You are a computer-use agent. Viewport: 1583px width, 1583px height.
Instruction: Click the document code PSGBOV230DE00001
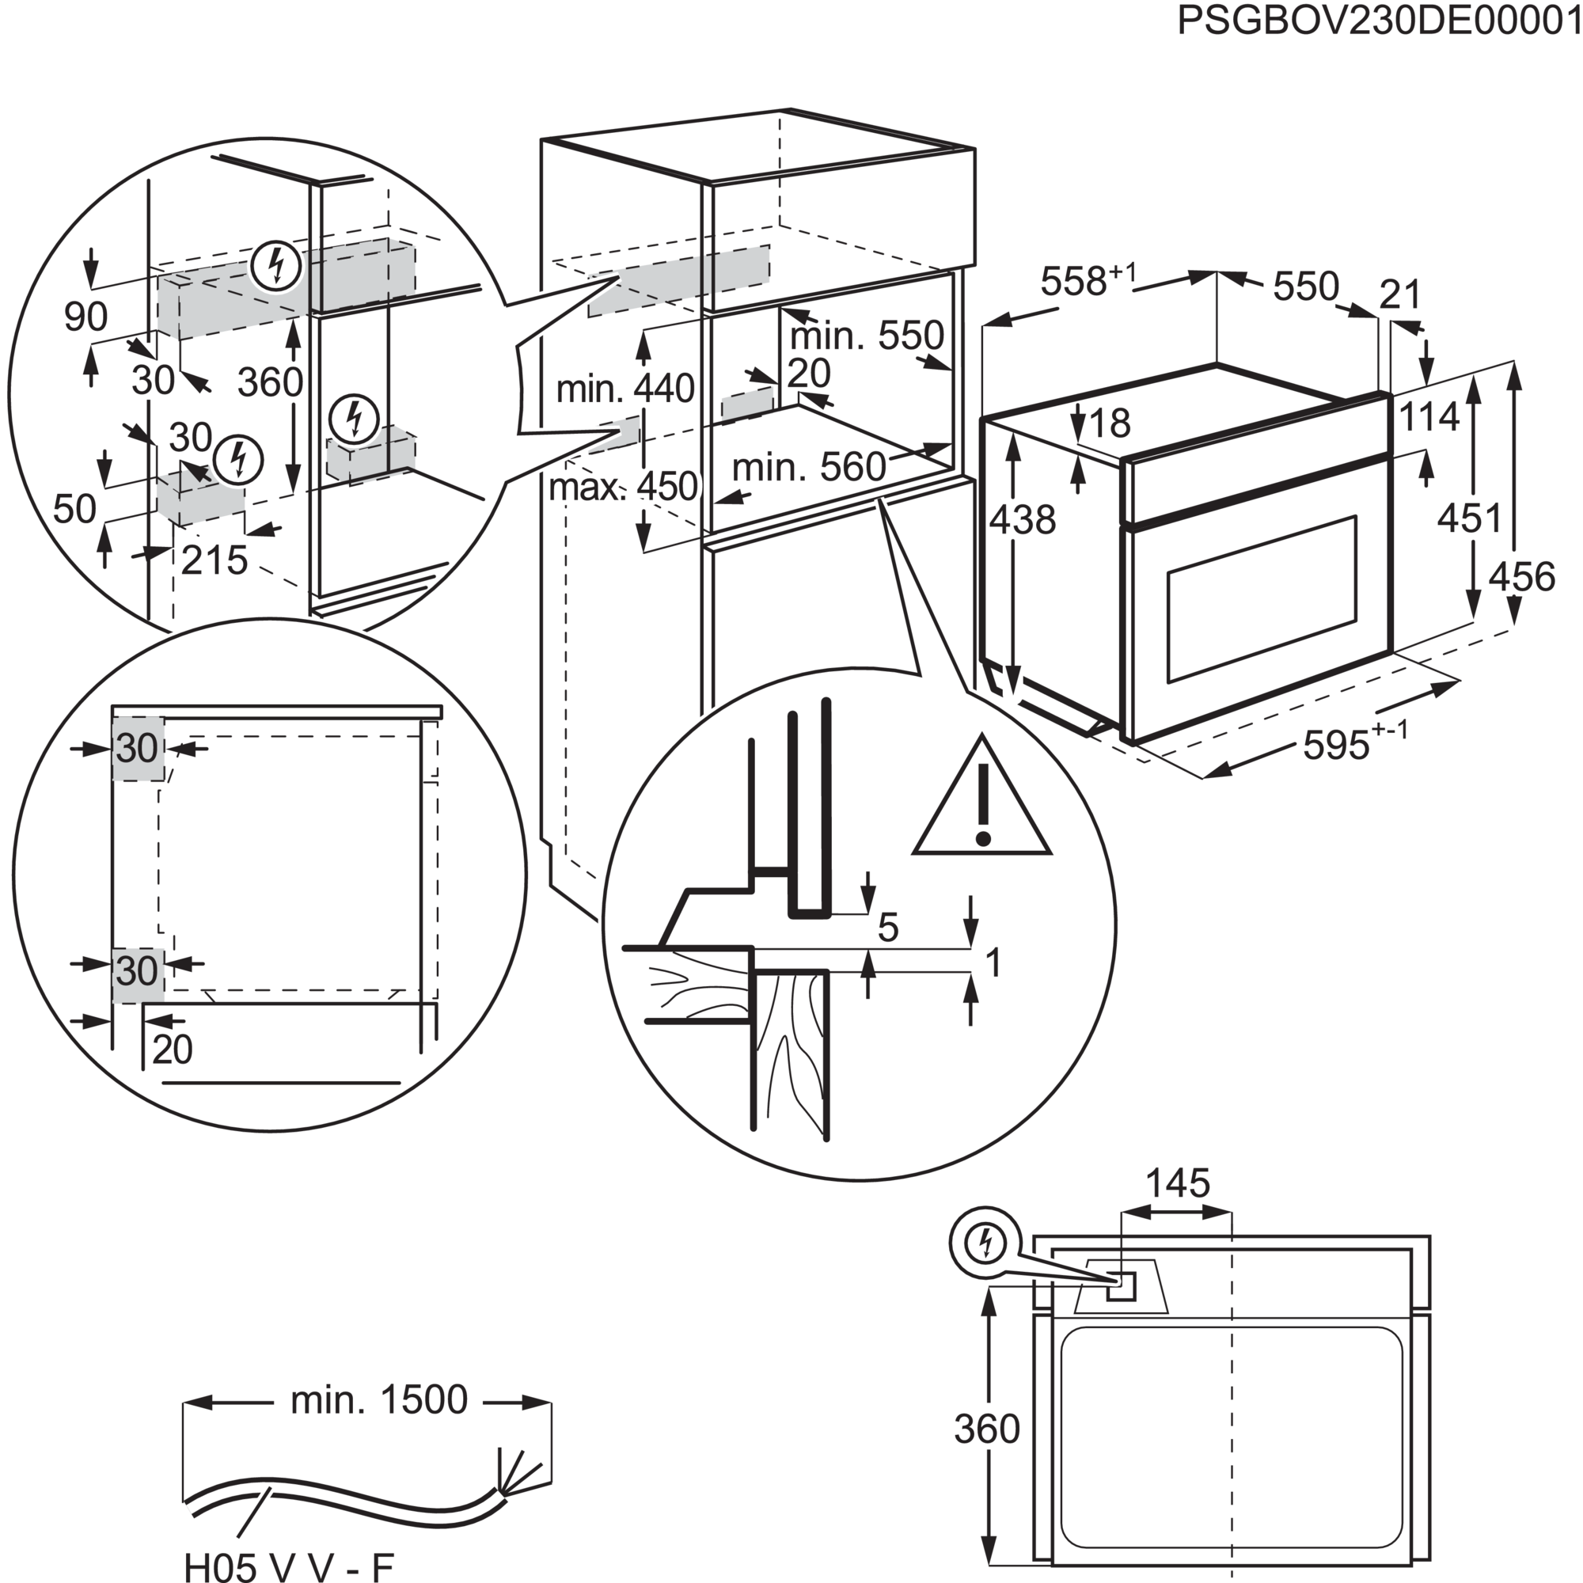1379,21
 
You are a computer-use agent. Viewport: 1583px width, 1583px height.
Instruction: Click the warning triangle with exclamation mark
982,802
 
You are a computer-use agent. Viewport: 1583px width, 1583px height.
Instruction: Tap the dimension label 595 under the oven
1335,746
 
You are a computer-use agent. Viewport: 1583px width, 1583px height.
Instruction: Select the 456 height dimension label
1521,576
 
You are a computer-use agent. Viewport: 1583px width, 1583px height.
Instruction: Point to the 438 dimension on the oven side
1023,519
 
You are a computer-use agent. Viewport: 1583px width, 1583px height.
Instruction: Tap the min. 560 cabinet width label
808,467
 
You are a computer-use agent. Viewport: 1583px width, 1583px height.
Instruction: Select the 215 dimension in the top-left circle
214,560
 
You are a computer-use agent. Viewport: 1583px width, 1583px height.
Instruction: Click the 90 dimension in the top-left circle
86,317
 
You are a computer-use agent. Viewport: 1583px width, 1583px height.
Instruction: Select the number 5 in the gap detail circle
887,928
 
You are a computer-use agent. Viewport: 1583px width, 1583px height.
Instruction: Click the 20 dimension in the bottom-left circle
172,1050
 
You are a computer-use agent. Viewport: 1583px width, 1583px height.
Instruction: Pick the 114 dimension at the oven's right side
1429,417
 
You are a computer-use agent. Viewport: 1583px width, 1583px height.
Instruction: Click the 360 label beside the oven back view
986,1429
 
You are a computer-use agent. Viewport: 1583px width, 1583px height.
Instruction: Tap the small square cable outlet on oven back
1120,1287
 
